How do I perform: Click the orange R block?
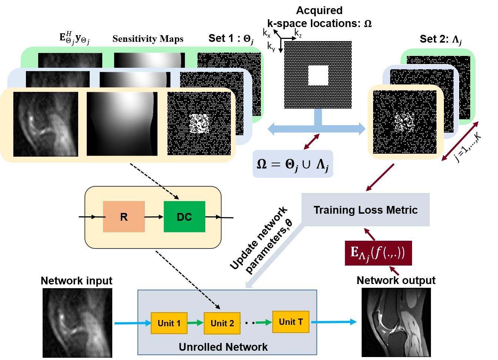coord(124,217)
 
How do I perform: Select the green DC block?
coord(184,217)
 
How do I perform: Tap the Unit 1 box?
coord(169,323)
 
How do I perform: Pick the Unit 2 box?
coord(222,323)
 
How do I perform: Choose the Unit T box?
coord(291,322)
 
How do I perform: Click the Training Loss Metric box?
coord(365,210)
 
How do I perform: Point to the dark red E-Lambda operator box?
coord(378,253)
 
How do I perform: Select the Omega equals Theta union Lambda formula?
coord(293,164)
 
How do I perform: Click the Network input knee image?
coord(77,323)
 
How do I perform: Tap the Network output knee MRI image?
coord(396,322)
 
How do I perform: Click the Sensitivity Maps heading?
coord(148,39)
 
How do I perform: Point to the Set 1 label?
coord(231,39)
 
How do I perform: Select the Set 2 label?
coord(441,40)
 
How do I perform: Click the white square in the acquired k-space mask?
coord(318,75)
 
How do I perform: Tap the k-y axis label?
coord(271,47)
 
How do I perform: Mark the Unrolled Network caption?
coord(223,347)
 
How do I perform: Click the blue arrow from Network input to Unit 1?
coord(133,323)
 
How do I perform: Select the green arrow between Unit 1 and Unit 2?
coord(195,323)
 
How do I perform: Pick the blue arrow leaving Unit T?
coord(334,322)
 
